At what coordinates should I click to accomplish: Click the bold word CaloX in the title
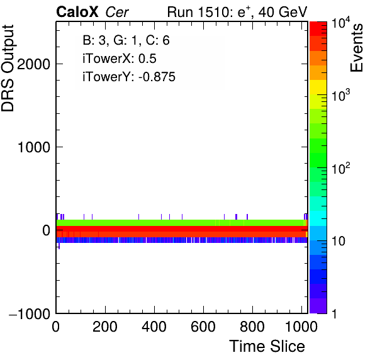point(77,12)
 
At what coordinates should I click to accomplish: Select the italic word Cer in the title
point(117,12)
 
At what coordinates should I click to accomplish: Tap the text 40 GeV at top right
point(283,12)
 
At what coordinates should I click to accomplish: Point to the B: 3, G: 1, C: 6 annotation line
point(126,40)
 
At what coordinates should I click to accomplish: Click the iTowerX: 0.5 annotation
point(120,59)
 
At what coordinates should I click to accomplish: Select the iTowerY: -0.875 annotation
point(129,77)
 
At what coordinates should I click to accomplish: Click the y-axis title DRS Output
point(8,68)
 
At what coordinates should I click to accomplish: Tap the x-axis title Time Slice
point(267,346)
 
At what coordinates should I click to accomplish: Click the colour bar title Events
point(356,48)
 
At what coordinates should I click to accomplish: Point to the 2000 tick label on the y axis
point(33,64)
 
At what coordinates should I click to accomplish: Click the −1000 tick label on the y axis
point(30,313)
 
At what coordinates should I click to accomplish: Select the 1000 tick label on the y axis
point(34,147)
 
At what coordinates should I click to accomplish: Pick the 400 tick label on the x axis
point(154,327)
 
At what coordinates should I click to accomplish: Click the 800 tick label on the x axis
point(252,327)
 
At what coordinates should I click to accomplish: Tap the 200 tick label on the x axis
point(104,327)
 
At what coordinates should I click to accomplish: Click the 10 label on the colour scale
point(338,241)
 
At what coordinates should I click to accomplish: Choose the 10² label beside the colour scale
point(340,168)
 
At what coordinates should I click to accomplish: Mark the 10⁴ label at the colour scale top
point(340,23)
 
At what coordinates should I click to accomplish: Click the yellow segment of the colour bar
point(318,87)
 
